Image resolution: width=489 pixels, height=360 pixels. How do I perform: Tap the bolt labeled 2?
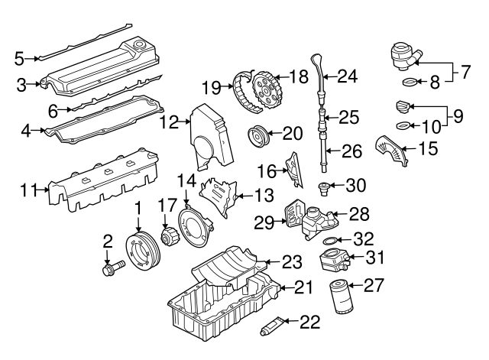click(112, 269)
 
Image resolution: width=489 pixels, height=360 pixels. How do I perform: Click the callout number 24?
click(348, 76)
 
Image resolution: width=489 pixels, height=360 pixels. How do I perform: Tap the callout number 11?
click(31, 190)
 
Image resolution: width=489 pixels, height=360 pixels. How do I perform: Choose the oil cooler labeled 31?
click(334, 262)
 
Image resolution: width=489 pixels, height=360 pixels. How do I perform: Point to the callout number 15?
click(427, 147)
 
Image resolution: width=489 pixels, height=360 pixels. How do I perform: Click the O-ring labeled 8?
click(410, 81)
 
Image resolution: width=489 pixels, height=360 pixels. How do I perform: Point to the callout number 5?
click(21, 57)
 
